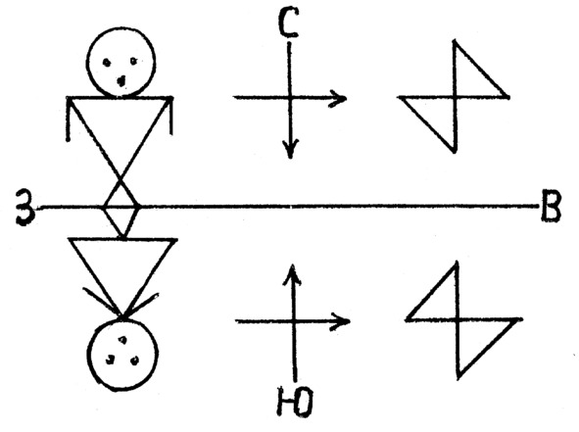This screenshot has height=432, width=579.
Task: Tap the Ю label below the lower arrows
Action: tap(296, 402)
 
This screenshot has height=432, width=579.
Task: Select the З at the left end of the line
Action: tap(25, 208)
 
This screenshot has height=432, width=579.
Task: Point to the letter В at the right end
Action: tap(551, 206)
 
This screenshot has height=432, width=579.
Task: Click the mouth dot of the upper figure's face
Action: tap(121, 80)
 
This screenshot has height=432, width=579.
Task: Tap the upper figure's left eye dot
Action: tap(107, 63)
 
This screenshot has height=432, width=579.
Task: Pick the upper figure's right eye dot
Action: tap(133, 61)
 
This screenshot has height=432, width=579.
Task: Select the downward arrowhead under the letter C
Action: tap(291, 149)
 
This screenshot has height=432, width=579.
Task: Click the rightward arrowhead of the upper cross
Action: tap(337, 99)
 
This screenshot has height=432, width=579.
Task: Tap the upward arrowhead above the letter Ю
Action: tap(292, 274)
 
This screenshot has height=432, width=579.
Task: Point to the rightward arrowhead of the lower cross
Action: tap(341, 321)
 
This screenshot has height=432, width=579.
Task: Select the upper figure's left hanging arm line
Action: tap(68, 119)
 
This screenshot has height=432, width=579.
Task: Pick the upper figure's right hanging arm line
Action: tap(170, 116)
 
